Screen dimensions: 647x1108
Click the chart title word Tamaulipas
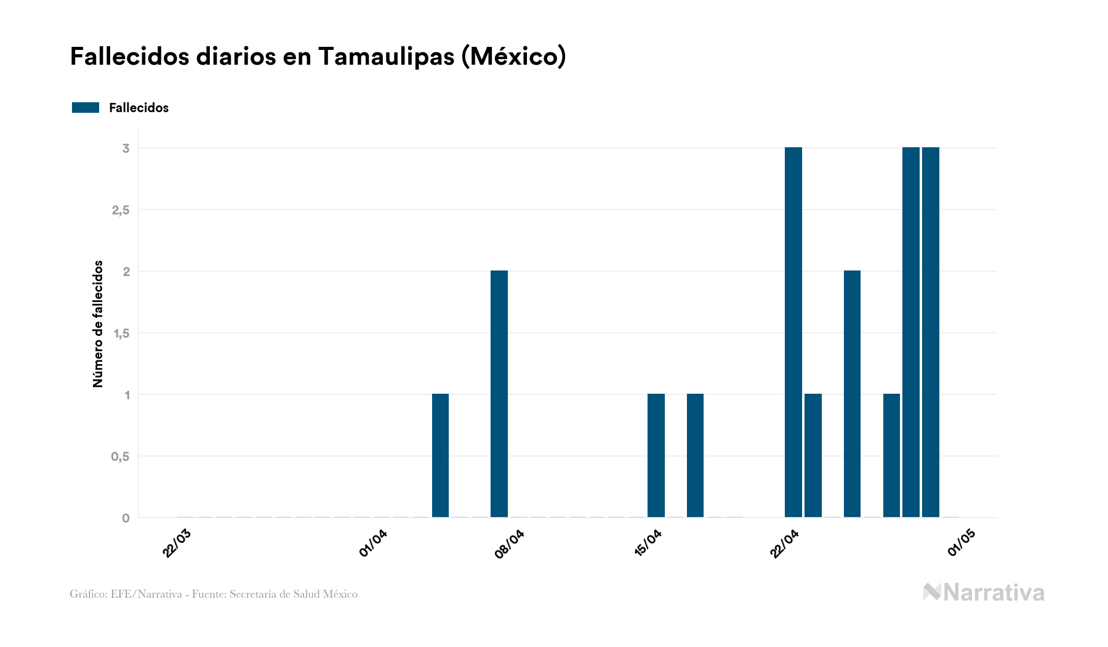tap(386, 57)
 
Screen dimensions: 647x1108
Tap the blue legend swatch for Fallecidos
tap(86, 108)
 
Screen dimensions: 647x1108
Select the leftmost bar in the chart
tap(440, 455)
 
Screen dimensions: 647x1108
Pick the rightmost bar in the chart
tap(930, 333)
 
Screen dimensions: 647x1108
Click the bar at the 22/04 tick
tap(793, 333)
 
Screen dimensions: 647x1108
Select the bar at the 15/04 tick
tap(656, 455)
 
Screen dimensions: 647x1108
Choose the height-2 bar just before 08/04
tap(499, 394)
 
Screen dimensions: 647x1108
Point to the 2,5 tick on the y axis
tap(121, 210)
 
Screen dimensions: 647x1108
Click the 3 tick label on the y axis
tap(126, 149)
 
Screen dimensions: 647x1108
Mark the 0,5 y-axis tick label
tap(121, 457)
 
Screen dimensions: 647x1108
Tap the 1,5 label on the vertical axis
tap(121, 333)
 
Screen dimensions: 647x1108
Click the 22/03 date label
tap(177, 543)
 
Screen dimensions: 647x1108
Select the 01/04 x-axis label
tap(374, 543)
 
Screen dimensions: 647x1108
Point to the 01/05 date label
tap(961, 543)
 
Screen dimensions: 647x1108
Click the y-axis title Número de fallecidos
tap(98, 324)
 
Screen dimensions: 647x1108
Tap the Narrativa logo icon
tap(932, 592)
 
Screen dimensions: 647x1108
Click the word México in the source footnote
tap(340, 594)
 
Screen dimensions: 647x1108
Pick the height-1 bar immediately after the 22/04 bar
tap(813, 455)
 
